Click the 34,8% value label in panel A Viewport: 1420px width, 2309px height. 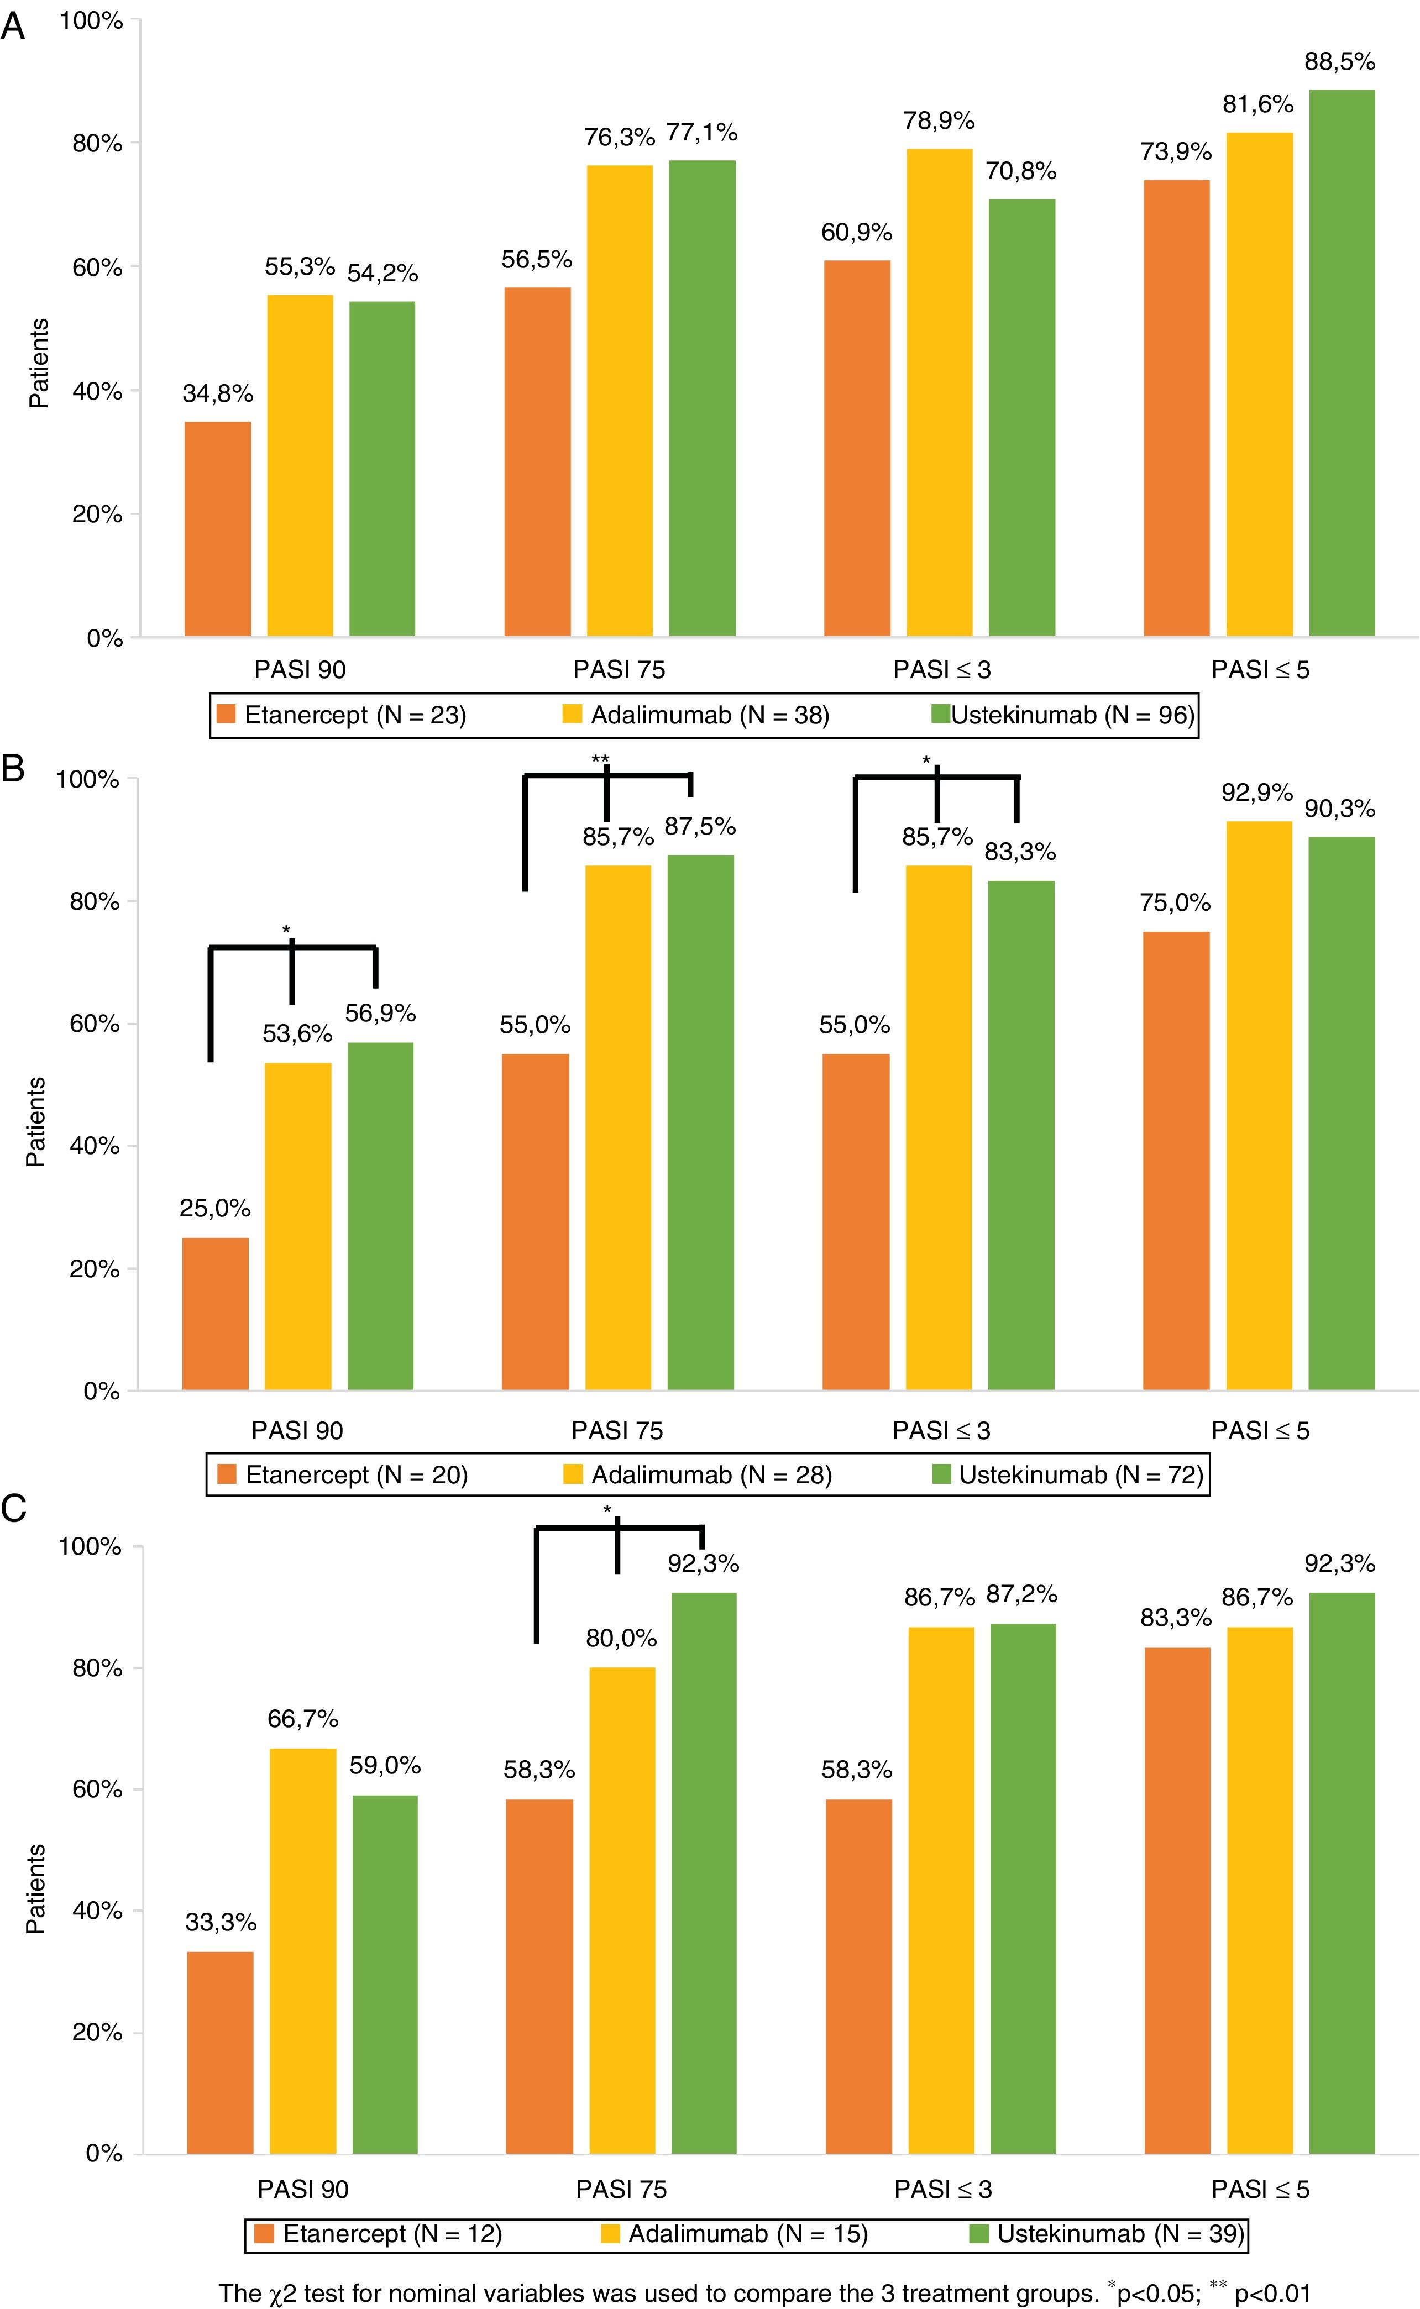(218, 393)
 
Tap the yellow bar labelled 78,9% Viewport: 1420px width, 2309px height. (939, 392)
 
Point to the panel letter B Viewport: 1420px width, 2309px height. (13, 768)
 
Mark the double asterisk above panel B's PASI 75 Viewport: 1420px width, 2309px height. (600, 759)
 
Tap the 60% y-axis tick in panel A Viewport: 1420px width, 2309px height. (98, 267)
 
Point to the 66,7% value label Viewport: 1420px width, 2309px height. (302, 1718)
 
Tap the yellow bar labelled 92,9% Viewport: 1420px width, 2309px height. (1259, 1105)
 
